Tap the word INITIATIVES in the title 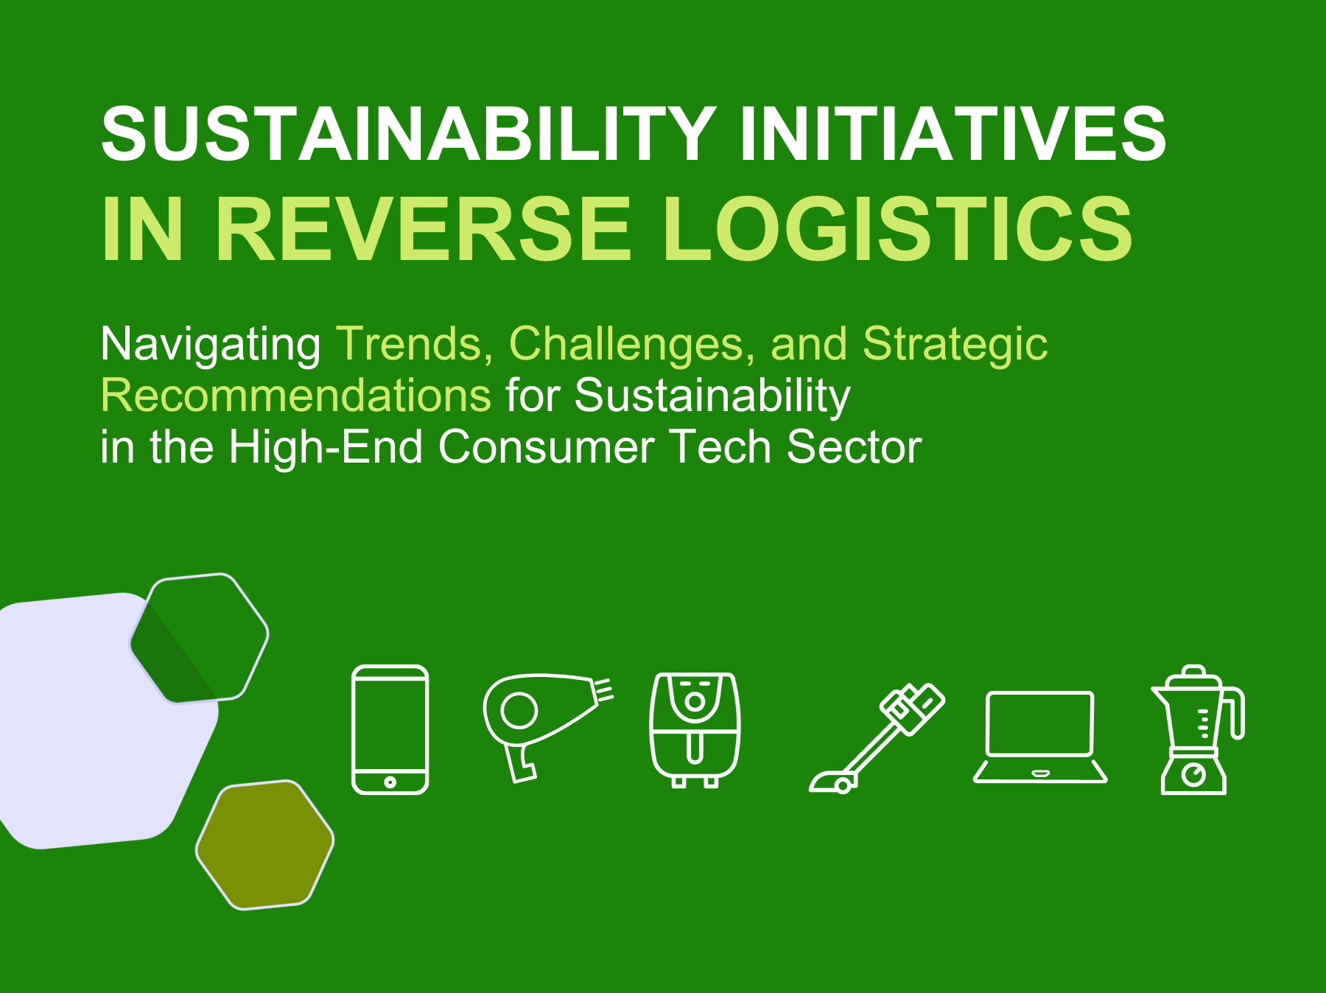pos(953,134)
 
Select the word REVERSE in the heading pos(423,229)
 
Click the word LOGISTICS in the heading pos(897,229)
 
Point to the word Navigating pos(210,344)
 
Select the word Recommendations pos(295,396)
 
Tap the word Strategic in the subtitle pos(955,344)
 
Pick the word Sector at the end pos(854,447)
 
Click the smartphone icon pos(390,729)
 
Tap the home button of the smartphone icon pos(390,782)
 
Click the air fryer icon pos(695,729)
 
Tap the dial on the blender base pos(1193,774)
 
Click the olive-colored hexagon pos(264,845)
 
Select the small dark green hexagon pos(200,638)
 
